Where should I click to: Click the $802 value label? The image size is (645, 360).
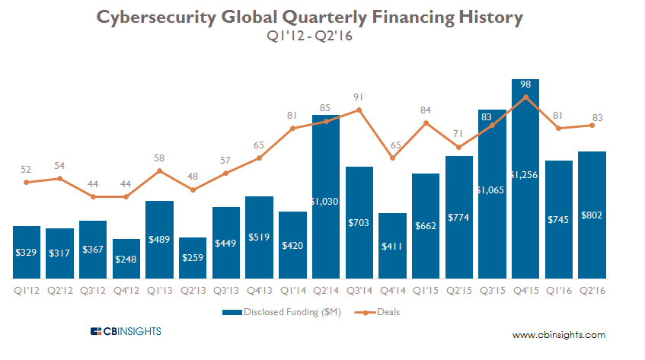click(592, 215)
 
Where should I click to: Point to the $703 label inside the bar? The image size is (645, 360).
click(359, 222)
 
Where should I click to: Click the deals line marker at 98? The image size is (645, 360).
click(525, 97)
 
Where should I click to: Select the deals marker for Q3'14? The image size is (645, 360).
click(359, 110)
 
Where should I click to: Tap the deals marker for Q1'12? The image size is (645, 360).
click(26, 182)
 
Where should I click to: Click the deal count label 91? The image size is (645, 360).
click(359, 97)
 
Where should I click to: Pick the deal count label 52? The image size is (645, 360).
click(26, 169)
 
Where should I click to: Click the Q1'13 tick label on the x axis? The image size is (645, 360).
click(159, 290)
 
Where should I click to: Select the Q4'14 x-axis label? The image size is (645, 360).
click(392, 290)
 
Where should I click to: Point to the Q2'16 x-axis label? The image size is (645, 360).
click(592, 290)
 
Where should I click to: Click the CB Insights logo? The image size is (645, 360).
click(126, 331)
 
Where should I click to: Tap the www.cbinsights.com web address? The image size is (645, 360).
click(558, 335)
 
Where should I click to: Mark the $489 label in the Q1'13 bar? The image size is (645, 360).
click(159, 238)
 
